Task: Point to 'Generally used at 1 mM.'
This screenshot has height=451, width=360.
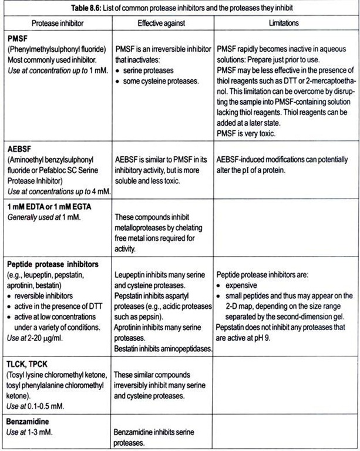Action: [45, 218]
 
